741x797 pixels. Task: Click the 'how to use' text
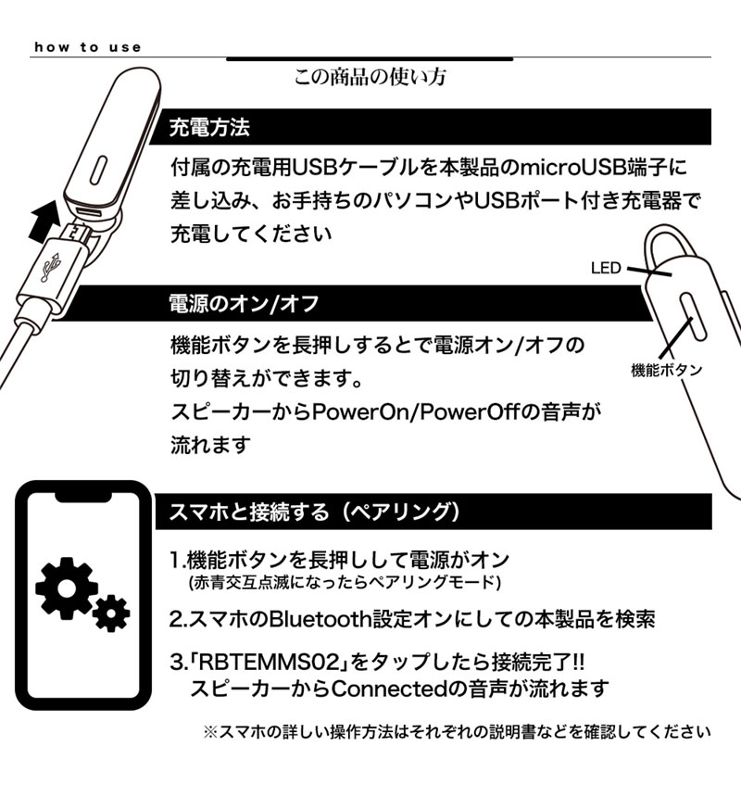pyautogui.click(x=88, y=47)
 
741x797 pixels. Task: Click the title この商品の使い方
pyautogui.click(x=370, y=77)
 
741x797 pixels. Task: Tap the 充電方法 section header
pyautogui.click(x=209, y=127)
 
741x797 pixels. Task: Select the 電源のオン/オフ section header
pyautogui.click(x=244, y=303)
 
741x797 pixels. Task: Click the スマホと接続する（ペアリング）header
pyautogui.click(x=315, y=512)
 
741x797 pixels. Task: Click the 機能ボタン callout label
pyautogui.click(x=666, y=370)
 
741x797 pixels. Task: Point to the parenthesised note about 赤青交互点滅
pyautogui.click(x=343, y=582)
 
